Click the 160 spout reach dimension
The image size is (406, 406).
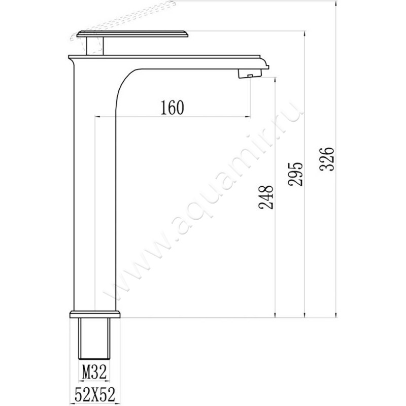tap(171, 108)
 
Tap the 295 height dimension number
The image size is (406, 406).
tap(297, 174)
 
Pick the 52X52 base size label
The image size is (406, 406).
tap(94, 393)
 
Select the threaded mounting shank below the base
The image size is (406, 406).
tap(94, 337)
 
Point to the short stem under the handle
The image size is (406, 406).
tap(94, 45)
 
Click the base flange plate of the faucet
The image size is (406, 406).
tap(95, 314)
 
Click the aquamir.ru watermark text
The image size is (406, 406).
tap(203, 203)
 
